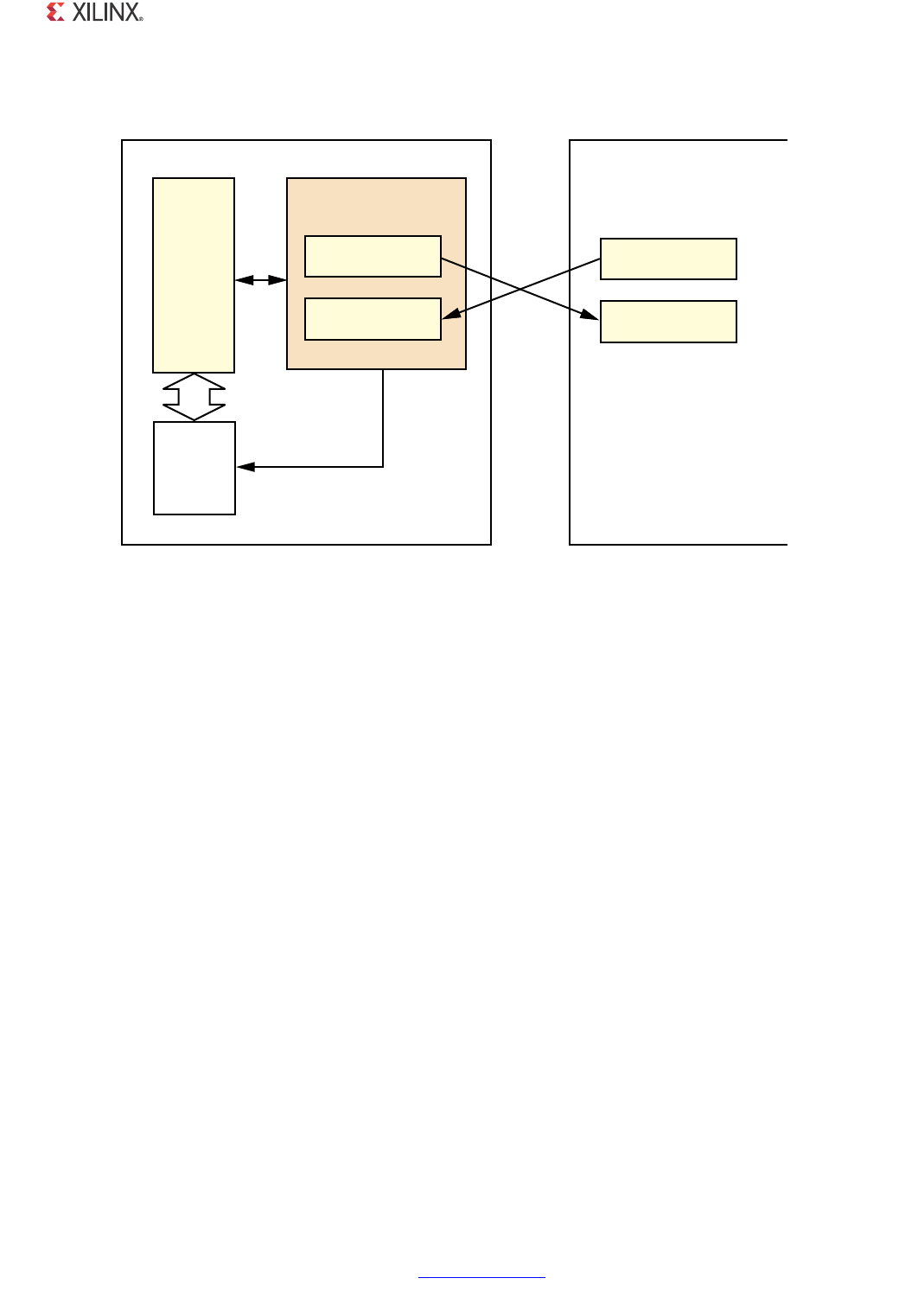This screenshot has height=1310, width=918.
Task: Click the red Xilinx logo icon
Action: pyautogui.click(x=55, y=12)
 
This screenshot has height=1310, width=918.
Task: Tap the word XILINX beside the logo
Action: pyautogui.click(x=105, y=12)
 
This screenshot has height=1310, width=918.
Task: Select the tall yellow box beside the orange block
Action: pyautogui.click(x=194, y=275)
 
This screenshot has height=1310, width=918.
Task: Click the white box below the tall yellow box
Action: pyautogui.click(x=194, y=468)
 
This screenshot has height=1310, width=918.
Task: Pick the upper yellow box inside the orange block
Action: pyautogui.click(x=373, y=256)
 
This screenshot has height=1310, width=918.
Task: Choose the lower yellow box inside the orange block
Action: pyautogui.click(x=373, y=319)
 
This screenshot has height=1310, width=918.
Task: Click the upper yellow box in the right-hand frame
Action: pyautogui.click(x=668, y=259)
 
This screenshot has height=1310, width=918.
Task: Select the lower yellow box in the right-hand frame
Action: pyautogui.click(x=668, y=322)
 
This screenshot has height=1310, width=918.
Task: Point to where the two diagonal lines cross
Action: pyautogui.click(x=520, y=289)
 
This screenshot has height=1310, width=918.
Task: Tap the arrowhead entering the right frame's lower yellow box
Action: pyautogui.click(x=590, y=316)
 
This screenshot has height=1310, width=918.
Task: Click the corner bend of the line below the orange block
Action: pyautogui.click(x=383, y=467)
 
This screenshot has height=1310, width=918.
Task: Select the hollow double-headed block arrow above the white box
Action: pyautogui.click(x=194, y=397)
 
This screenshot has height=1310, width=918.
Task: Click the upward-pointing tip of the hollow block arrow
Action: pyautogui.click(x=194, y=376)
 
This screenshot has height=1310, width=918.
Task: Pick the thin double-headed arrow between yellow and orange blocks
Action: pyautogui.click(x=260, y=280)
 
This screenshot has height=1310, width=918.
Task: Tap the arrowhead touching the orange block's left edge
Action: pyautogui.click(x=278, y=280)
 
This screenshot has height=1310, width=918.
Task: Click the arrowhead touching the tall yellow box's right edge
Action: pyautogui.click(x=243, y=280)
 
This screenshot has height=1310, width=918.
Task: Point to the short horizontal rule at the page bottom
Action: pyautogui.click(x=481, y=1277)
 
